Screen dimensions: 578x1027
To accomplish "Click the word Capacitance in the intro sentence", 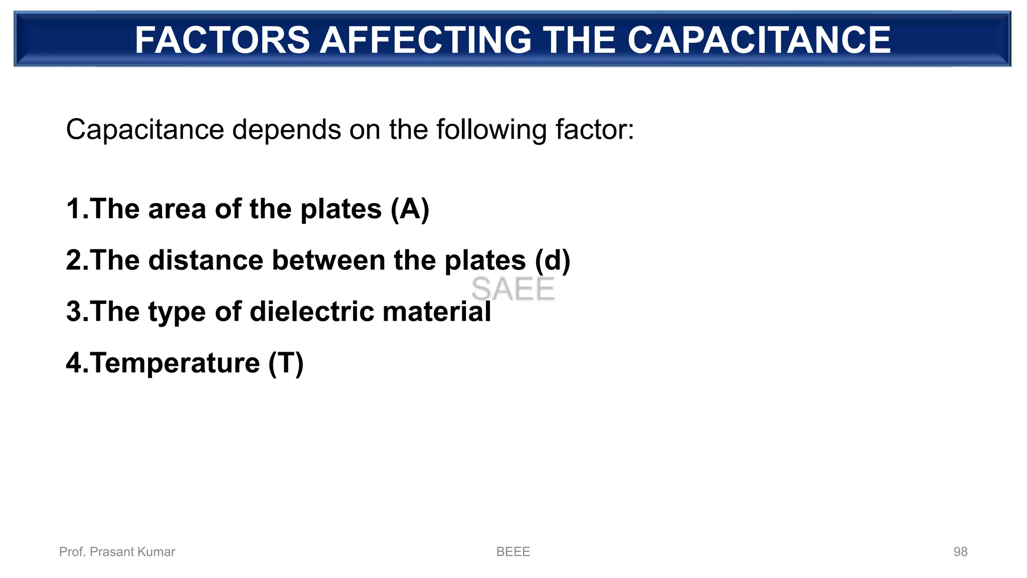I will (x=144, y=130).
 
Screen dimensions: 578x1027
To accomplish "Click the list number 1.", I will (x=74, y=209).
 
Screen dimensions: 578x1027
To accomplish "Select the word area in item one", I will (x=177, y=209).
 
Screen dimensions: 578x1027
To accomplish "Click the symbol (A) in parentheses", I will (x=410, y=209).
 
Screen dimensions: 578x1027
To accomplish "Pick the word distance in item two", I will (x=206, y=260).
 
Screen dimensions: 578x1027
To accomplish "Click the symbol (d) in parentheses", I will (x=552, y=260).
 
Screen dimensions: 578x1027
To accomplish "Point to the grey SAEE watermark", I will (x=513, y=289).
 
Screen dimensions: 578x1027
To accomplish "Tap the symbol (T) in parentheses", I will (x=286, y=363).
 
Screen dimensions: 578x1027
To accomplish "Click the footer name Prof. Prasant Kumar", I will (x=117, y=552).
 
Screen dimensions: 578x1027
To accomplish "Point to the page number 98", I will (x=960, y=552).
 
